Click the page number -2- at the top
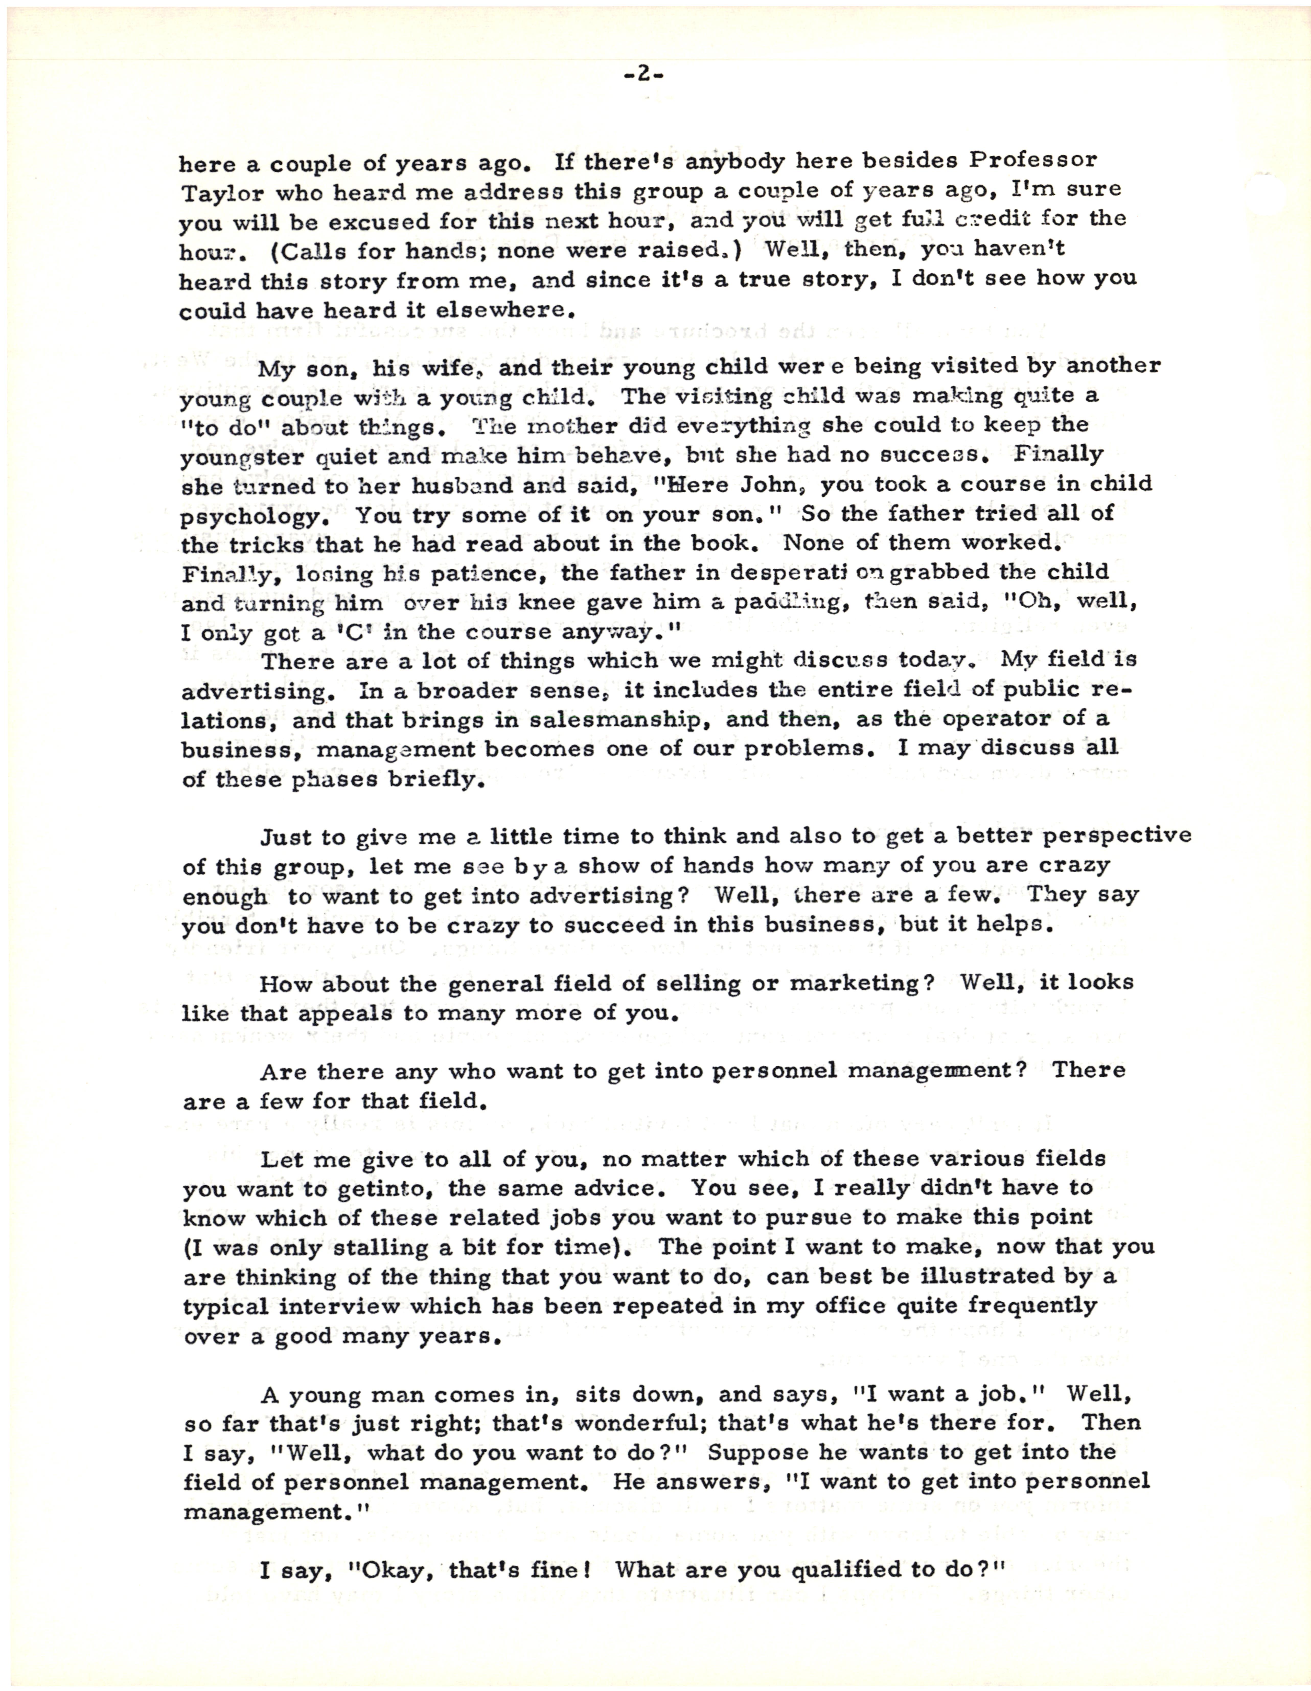click(642, 75)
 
